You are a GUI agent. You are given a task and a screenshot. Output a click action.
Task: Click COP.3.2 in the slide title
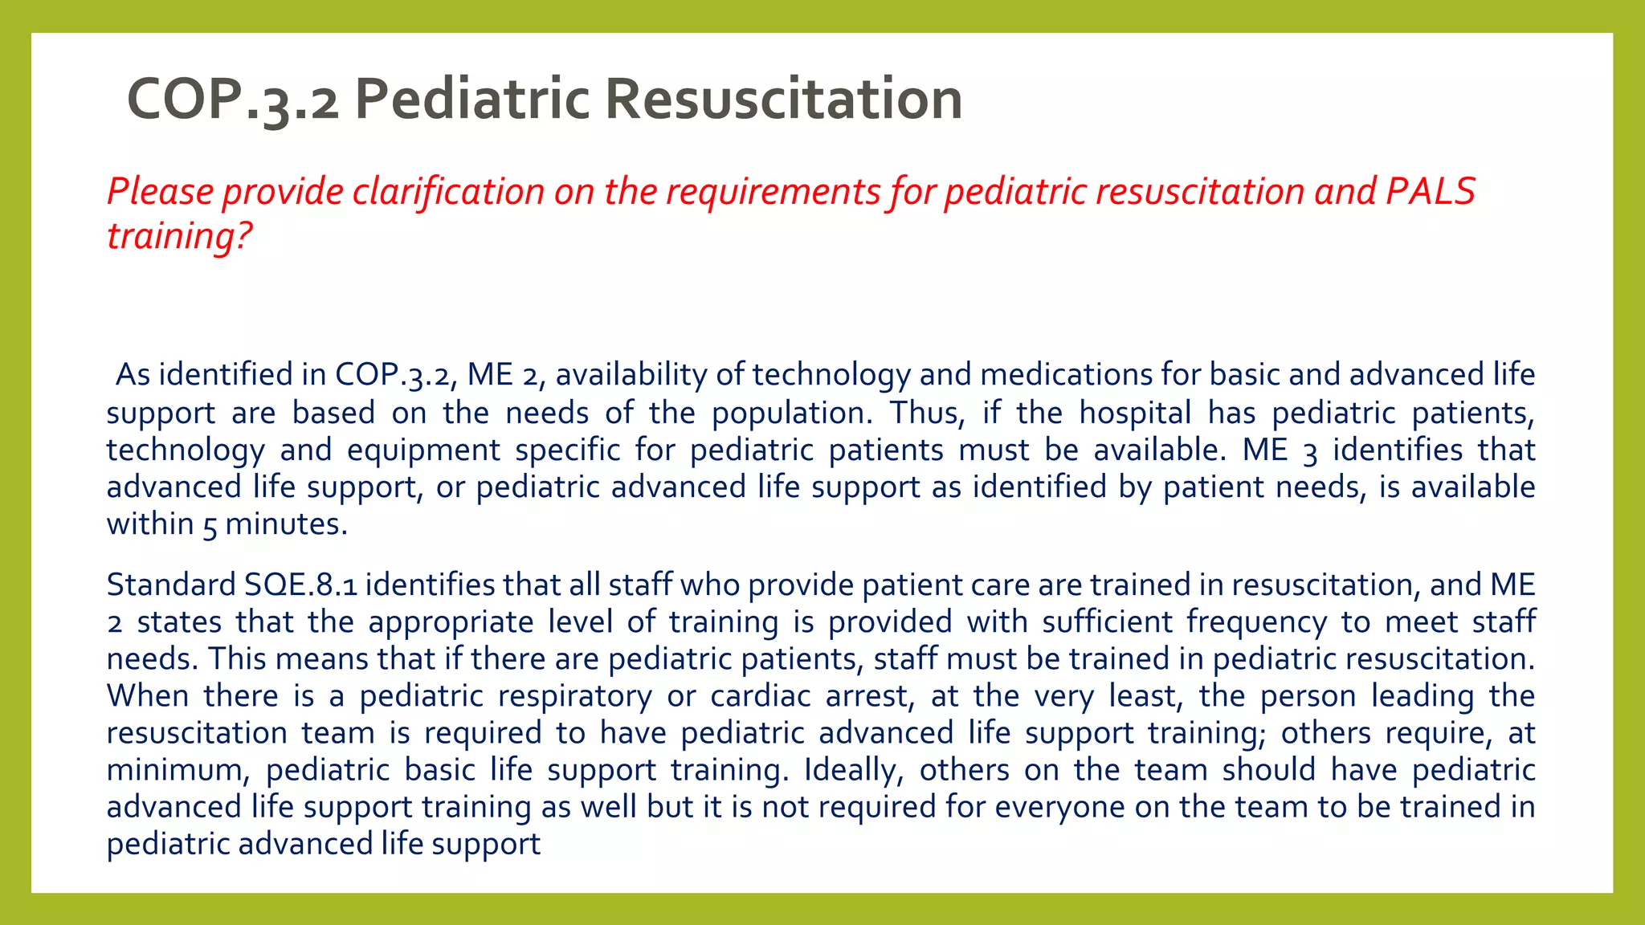coord(232,100)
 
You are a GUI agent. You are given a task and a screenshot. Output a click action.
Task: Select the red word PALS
coord(1431,192)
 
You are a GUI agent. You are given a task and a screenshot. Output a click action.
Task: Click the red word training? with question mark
coord(179,236)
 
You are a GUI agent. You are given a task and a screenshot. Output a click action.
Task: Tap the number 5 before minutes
coord(210,526)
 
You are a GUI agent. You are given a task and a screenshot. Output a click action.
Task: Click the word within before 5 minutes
coord(150,524)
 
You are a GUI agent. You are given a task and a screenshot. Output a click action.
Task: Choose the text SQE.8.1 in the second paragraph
coord(300,585)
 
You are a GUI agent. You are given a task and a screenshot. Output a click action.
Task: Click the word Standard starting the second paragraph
coord(171,585)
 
